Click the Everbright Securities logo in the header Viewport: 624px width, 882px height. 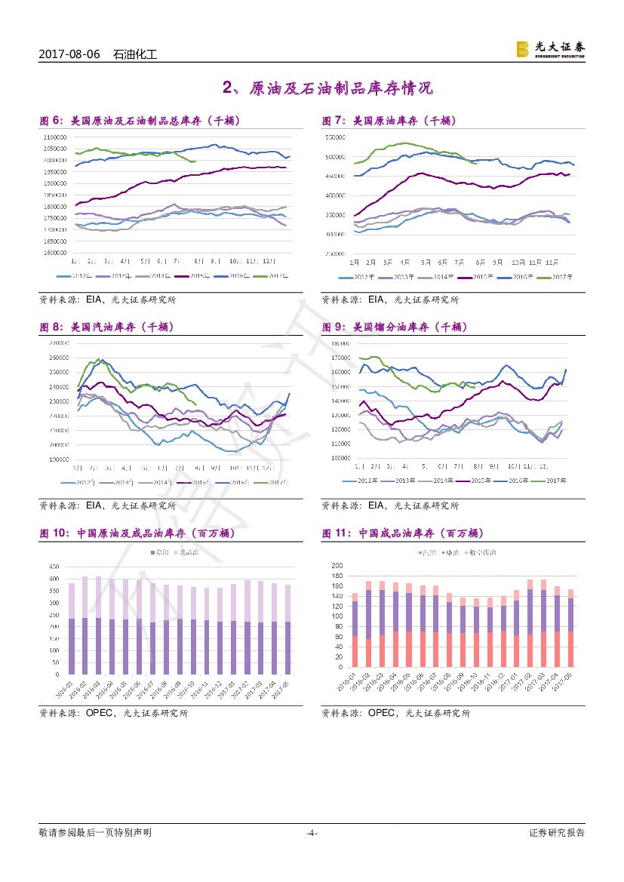550,49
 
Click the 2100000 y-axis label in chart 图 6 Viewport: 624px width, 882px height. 54,137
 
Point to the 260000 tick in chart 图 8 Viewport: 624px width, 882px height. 58,358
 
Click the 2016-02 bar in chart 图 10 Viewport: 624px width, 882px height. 85,625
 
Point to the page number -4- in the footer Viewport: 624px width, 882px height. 312,833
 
